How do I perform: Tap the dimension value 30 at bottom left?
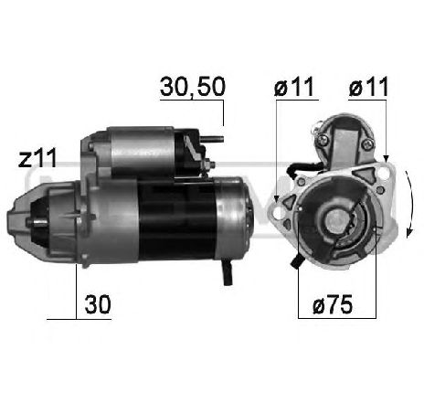click(97, 305)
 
